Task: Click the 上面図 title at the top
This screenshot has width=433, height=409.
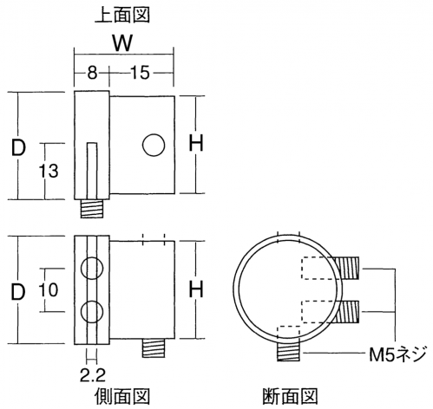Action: (x=122, y=15)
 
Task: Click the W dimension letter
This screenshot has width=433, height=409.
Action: (x=122, y=43)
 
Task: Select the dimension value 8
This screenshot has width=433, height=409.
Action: (x=92, y=73)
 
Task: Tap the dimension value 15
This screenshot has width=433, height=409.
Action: (x=141, y=73)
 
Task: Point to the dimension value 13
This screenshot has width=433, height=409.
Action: (x=49, y=171)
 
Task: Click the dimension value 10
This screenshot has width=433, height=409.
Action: (x=49, y=289)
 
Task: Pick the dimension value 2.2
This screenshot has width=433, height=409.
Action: (x=93, y=375)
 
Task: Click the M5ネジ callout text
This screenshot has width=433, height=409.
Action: (x=398, y=354)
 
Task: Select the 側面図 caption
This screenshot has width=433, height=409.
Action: (x=122, y=396)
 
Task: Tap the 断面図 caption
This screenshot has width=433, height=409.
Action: (x=290, y=396)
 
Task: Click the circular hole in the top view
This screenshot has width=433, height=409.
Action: (x=154, y=145)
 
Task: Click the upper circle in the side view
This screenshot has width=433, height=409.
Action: (x=92, y=269)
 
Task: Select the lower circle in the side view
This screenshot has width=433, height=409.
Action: (x=92, y=312)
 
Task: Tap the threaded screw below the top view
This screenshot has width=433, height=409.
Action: (x=92, y=208)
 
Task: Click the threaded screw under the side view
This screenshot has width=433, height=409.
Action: (x=154, y=348)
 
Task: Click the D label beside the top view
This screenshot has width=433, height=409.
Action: (x=18, y=147)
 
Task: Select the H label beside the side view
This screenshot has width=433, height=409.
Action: (x=196, y=289)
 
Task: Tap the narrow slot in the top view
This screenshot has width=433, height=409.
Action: (x=92, y=171)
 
